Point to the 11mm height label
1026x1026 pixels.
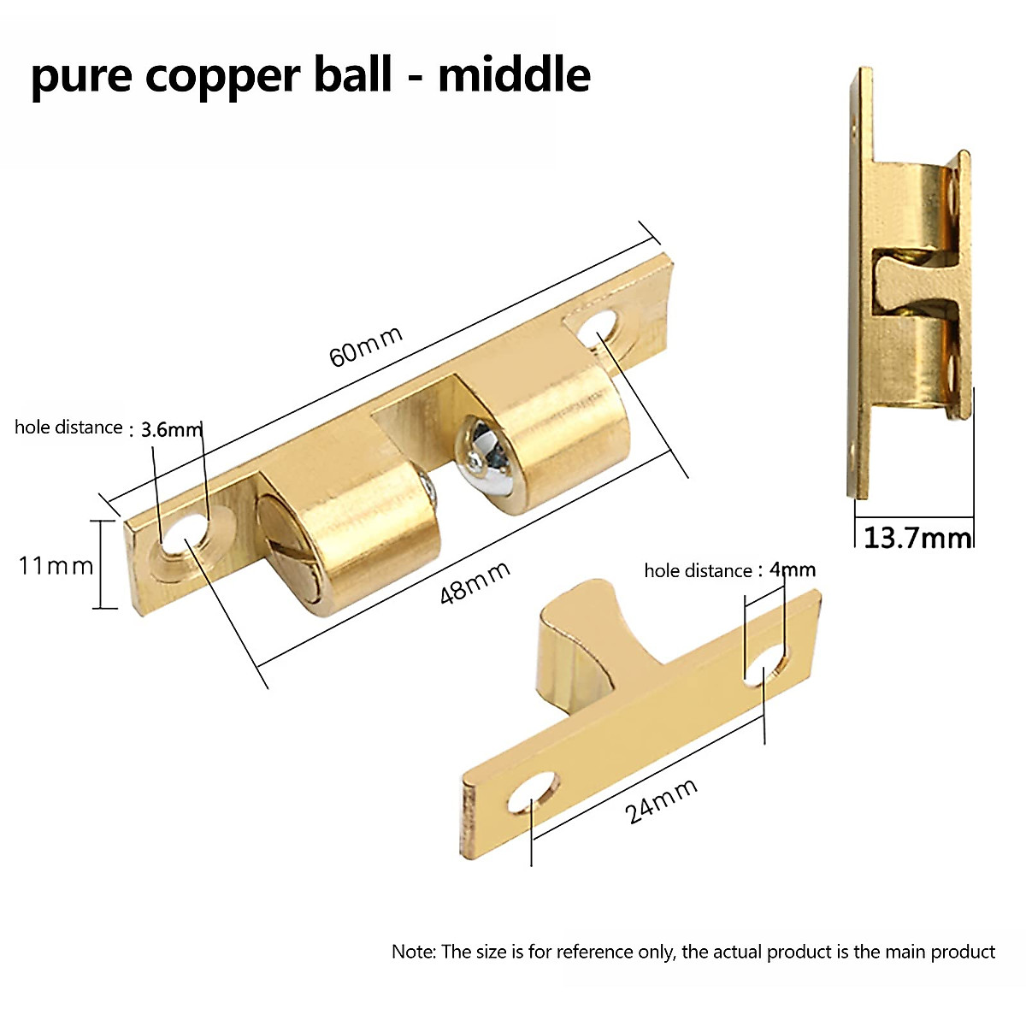click(x=56, y=565)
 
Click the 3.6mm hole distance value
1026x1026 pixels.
click(x=171, y=429)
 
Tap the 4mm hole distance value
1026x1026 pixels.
click(x=792, y=569)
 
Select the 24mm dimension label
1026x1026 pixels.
click(x=662, y=801)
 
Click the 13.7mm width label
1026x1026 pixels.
click(x=917, y=539)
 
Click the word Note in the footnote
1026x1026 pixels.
click(x=413, y=952)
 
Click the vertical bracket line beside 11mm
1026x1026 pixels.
click(x=103, y=564)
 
